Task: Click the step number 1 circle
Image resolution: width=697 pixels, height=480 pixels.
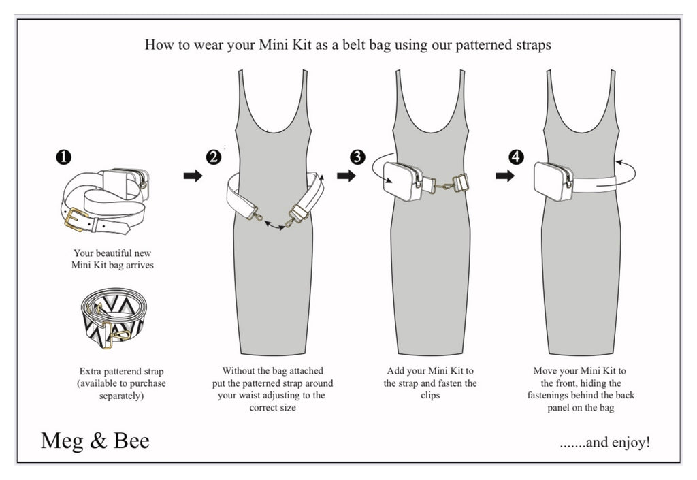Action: pos(63,157)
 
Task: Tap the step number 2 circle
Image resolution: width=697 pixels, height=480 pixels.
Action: pos(214,157)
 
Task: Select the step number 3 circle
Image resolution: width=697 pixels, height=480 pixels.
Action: pos(357,157)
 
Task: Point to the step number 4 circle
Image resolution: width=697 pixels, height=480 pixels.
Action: pos(517,157)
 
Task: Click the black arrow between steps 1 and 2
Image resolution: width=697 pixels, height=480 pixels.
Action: pos(193,176)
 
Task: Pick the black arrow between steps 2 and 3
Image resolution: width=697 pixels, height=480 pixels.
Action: pos(346,176)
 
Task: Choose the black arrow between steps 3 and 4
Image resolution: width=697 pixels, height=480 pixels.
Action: pos(505,176)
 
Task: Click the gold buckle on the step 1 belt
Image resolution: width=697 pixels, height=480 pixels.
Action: pos(76,219)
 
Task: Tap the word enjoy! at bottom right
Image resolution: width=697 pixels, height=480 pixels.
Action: pos(630,443)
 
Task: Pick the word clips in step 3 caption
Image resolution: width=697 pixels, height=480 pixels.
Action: pos(430,395)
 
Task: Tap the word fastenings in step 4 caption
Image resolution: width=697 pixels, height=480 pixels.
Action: pos(557,395)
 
